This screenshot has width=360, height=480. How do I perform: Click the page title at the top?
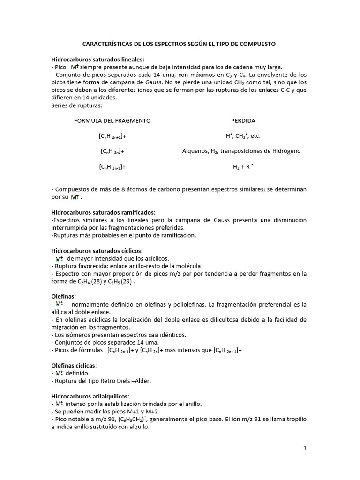click(x=179, y=44)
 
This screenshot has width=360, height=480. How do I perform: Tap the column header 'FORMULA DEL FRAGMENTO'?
click(x=112, y=120)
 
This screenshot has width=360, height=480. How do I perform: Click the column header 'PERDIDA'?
click(x=243, y=120)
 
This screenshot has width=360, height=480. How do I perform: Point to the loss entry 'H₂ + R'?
click(x=243, y=166)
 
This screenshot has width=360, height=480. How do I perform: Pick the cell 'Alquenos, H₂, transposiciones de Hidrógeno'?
click(x=241, y=151)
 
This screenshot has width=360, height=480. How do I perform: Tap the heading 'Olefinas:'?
click(x=63, y=297)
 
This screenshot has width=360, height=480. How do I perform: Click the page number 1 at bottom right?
click(x=304, y=448)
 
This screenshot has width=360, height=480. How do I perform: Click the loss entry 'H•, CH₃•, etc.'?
click(x=243, y=136)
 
